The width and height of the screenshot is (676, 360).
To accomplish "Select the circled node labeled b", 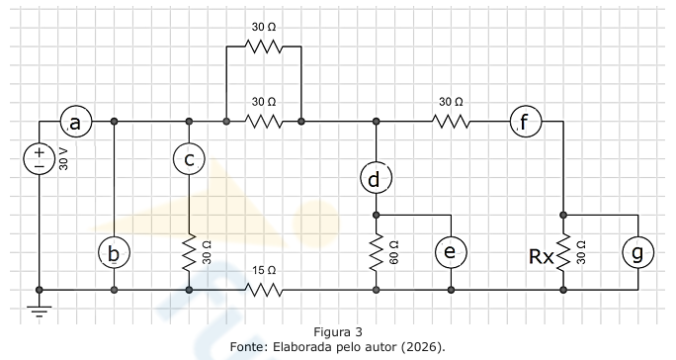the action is pyautogui.click(x=114, y=252).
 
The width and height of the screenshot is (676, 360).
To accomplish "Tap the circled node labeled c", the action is pyautogui.click(x=189, y=159).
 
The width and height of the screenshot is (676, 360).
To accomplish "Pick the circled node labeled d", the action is pyautogui.click(x=376, y=178).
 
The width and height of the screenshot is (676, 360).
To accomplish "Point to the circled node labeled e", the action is pyautogui.click(x=451, y=252).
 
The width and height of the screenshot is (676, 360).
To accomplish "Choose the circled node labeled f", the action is pyautogui.click(x=526, y=122).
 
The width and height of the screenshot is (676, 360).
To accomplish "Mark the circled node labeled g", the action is pyautogui.click(x=637, y=252).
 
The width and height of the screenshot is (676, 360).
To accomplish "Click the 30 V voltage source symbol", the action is pyautogui.click(x=40, y=159).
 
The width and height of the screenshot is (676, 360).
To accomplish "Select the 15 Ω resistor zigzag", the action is pyautogui.click(x=264, y=290).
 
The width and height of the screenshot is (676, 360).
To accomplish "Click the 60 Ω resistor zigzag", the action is pyautogui.click(x=376, y=252).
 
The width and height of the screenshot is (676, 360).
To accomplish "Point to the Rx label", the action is pyautogui.click(x=541, y=257).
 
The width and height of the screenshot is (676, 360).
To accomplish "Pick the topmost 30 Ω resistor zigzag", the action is pyautogui.click(x=264, y=46).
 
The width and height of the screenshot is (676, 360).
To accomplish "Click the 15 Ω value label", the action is pyautogui.click(x=264, y=271).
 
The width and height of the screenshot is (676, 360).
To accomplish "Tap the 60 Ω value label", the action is pyautogui.click(x=393, y=252).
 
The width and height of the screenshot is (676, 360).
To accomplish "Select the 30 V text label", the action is pyautogui.click(x=63, y=159).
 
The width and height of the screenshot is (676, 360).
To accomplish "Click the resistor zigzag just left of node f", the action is pyautogui.click(x=451, y=122).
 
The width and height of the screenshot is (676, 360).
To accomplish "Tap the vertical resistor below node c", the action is pyautogui.click(x=189, y=252).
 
